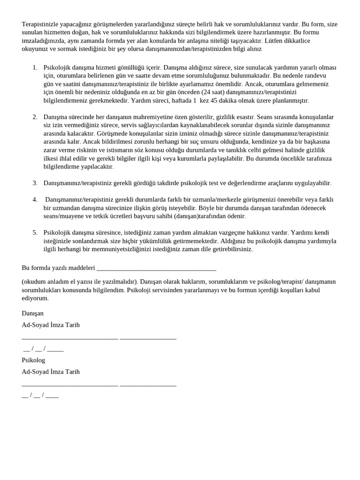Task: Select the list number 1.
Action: (35, 67)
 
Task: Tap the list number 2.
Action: (35, 117)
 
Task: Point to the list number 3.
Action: (35, 183)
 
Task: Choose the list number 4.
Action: (35, 200)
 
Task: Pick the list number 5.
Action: (35, 232)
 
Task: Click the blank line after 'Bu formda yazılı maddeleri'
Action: (156, 268)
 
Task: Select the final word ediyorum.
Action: (35, 298)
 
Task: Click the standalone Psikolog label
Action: (33, 360)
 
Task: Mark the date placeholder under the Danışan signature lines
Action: (43, 349)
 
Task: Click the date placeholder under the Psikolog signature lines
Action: (40, 395)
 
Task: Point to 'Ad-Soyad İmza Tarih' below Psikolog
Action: (51, 372)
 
